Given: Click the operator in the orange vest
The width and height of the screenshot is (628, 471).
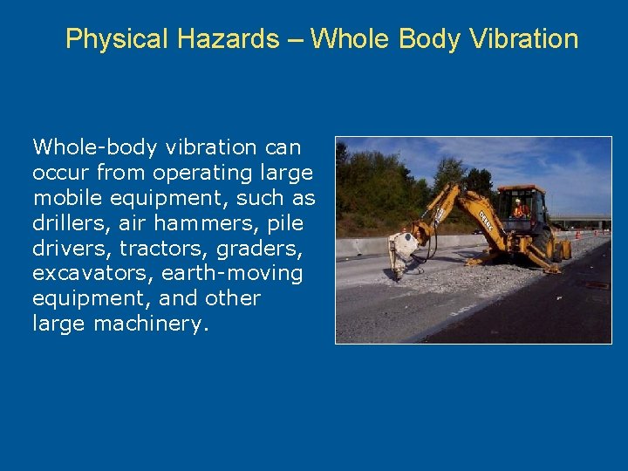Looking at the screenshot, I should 521,210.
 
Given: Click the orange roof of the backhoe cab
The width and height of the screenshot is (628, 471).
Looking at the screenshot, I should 521,188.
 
